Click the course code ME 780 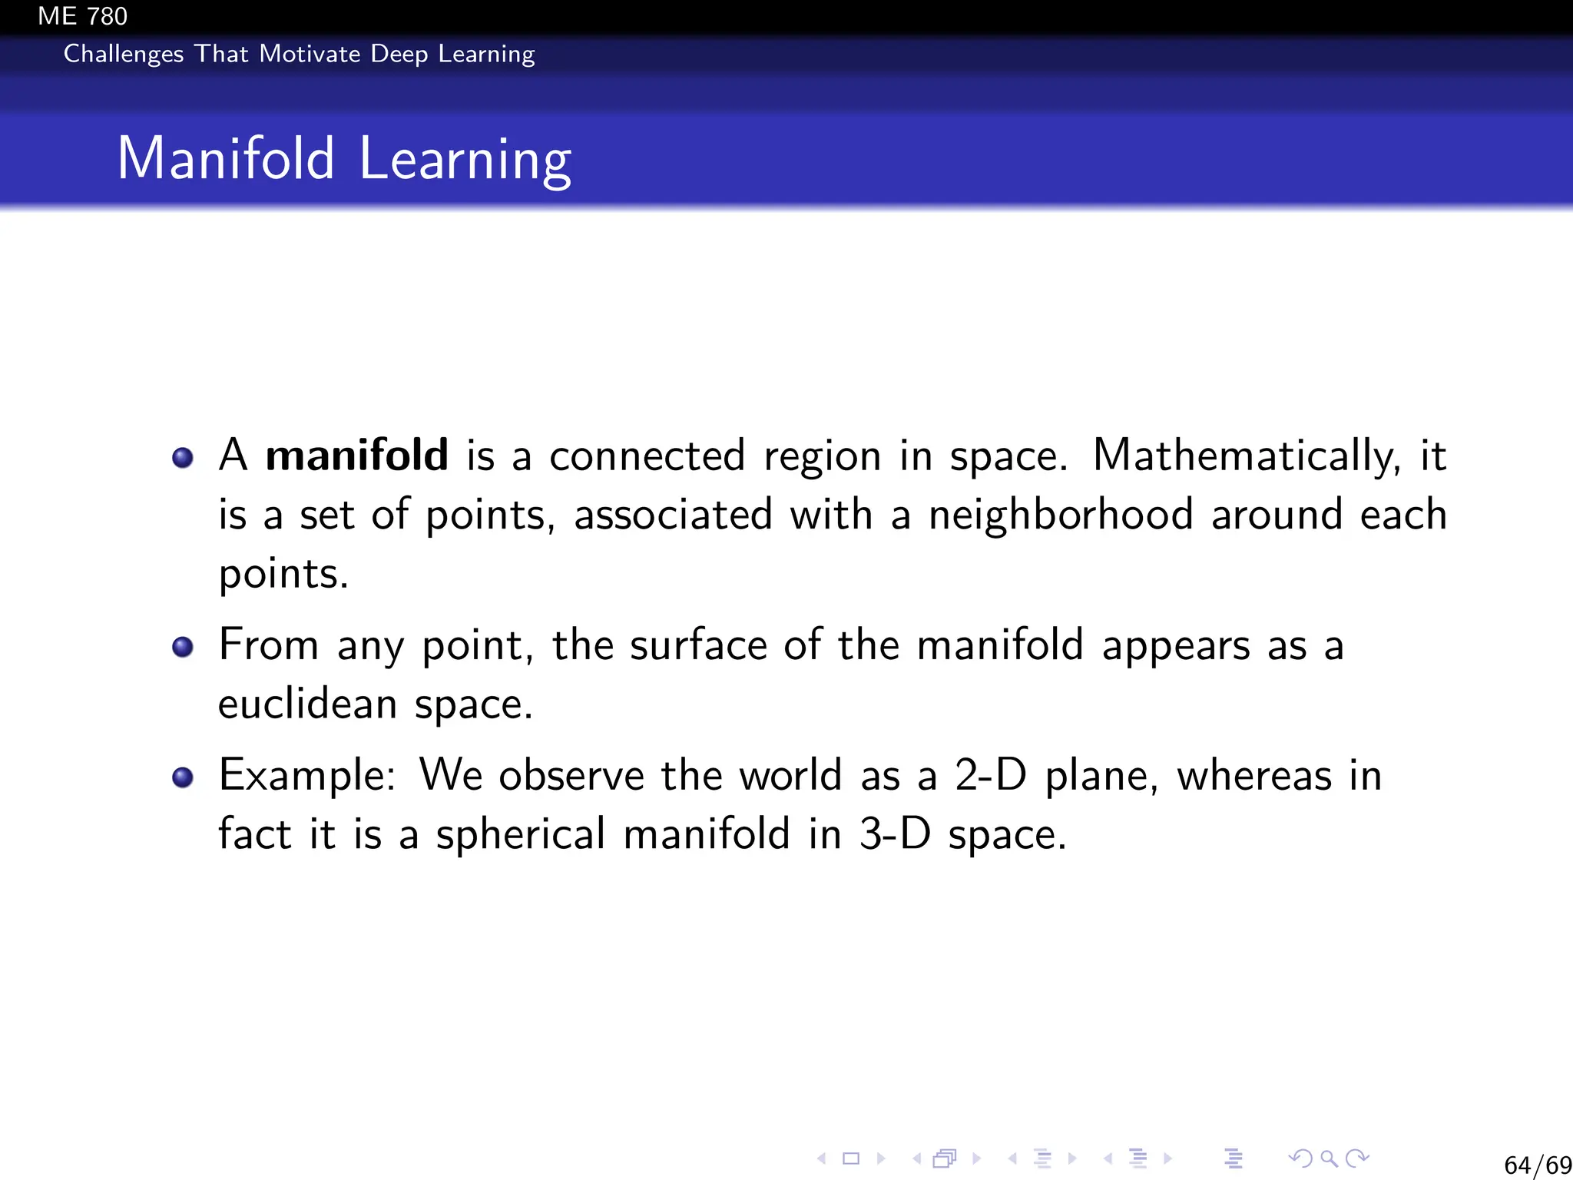coord(82,16)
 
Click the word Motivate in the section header coord(310,54)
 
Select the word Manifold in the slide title coord(226,159)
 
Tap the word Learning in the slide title coord(465,161)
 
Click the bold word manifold coord(356,455)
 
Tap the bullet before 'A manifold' coord(183,458)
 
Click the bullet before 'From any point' coord(183,647)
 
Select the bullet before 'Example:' coord(183,777)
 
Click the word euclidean coord(307,704)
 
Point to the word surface coord(698,645)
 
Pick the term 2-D coord(990,775)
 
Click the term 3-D coord(895,834)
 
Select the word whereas coord(1254,775)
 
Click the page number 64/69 coord(1537,1165)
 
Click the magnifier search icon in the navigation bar coord(1329,1158)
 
